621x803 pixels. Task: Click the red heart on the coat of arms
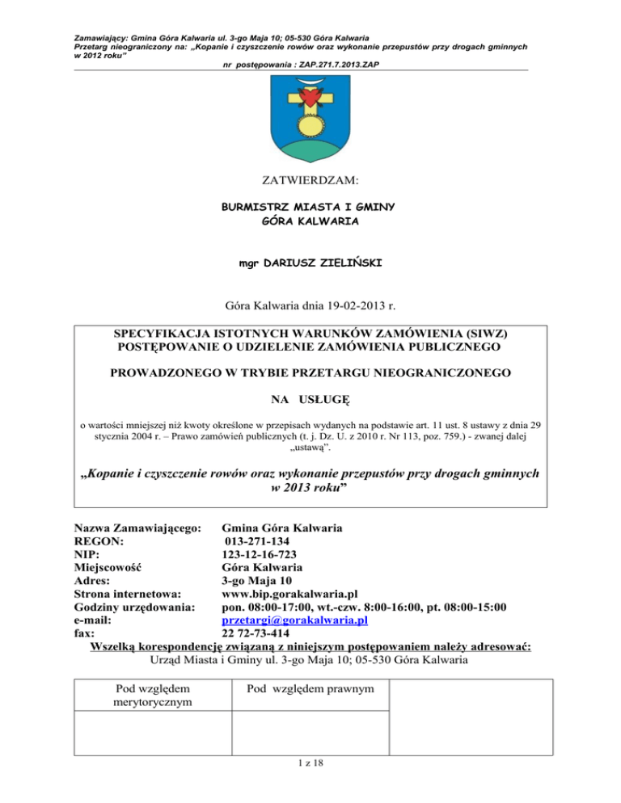coord(310,99)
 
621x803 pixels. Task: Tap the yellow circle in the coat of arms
coord(310,125)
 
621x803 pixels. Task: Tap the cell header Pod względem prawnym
coord(310,689)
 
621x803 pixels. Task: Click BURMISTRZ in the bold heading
coord(256,208)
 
